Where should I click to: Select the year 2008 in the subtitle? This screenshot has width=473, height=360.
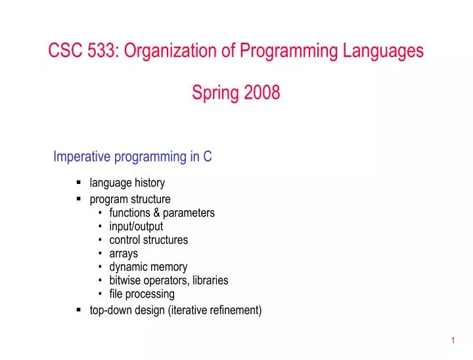(262, 93)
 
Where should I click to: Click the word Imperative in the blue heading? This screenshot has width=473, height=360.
(83, 156)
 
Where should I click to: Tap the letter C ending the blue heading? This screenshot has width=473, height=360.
(207, 156)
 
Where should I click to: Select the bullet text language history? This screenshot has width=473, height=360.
(127, 183)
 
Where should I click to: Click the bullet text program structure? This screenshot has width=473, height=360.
(130, 199)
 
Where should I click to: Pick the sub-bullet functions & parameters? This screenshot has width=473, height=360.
(162, 213)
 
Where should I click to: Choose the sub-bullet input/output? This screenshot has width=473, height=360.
(136, 227)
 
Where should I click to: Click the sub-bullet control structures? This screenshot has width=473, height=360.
(148, 240)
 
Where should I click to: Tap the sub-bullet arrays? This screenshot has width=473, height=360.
(124, 254)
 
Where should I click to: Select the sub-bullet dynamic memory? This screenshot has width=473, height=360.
(148, 267)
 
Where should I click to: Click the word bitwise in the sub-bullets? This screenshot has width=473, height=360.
(125, 281)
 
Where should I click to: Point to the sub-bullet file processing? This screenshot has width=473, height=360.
(142, 294)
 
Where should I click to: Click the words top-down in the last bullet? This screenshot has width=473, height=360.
(111, 310)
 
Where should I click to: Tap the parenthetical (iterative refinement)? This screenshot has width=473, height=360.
(215, 310)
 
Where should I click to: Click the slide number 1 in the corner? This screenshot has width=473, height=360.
(453, 340)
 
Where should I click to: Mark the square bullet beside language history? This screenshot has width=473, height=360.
(79, 183)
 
